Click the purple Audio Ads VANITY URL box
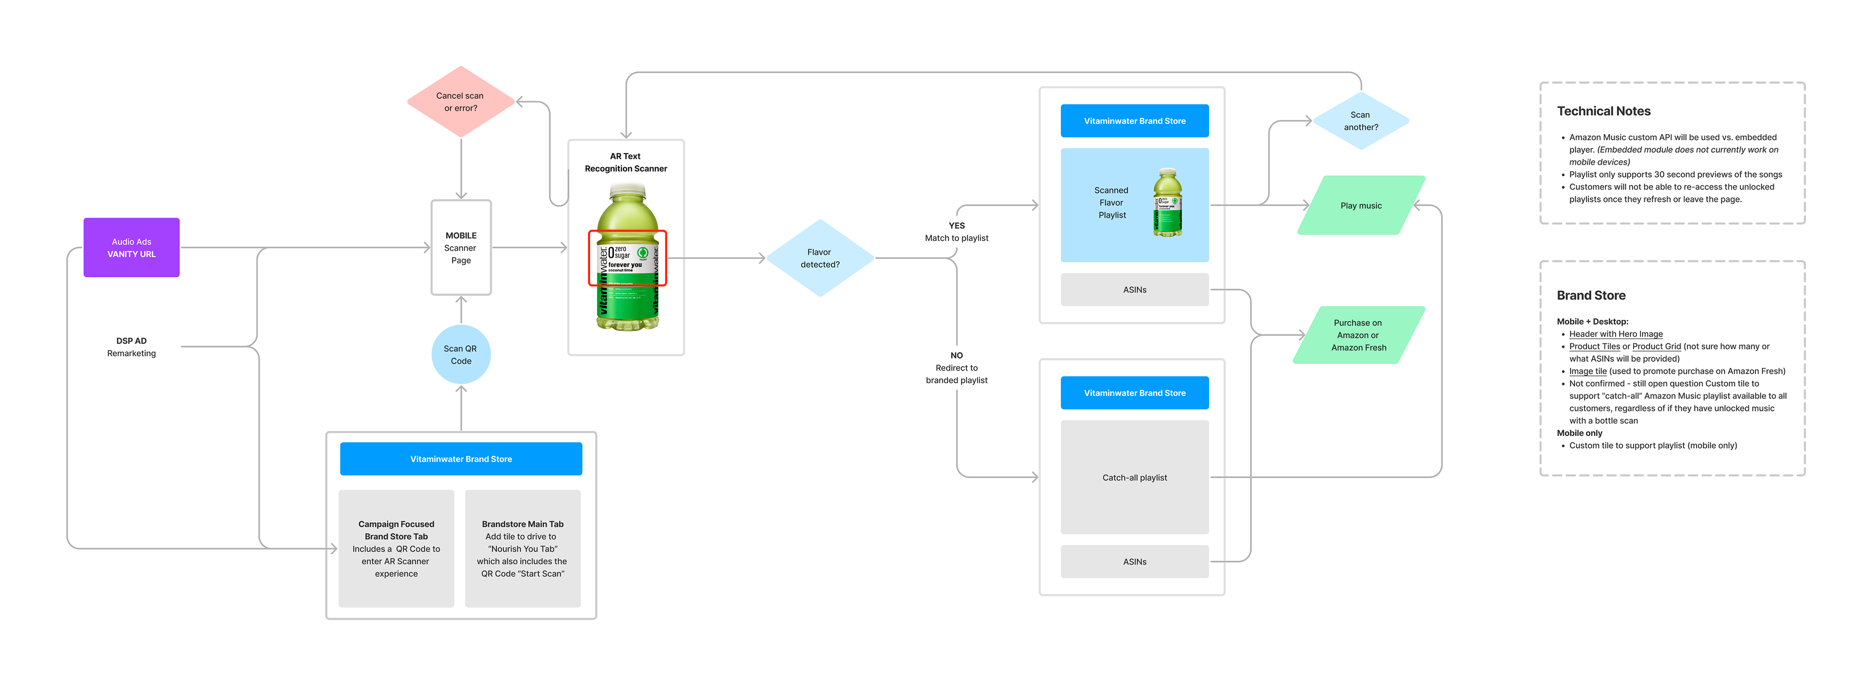pyautogui.click(x=132, y=248)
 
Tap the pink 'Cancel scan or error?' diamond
pyautogui.click(x=461, y=102)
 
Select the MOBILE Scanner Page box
pyautogui.click(x=461, y=248)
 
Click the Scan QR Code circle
pyautogui.click(x=461, y=354)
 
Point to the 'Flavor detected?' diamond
pyautogui.click(x=819, y=258)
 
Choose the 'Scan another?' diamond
pyautogui.click(x=1361, y=120)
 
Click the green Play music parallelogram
pyautogui.click(x=1361, y=206)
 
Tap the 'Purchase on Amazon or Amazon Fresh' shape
pyautogui.click(x=1358, y=335)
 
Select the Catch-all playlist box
pyautogui.click(x=1134, y=477)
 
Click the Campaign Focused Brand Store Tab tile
pyautogui.click(x=396, y=549)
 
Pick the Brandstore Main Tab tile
pyautogui.click(x=523, y=549)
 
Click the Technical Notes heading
pyautogui.click(x=1603, y=111)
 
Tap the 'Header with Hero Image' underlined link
pyautogui.click(x=1616, y=334)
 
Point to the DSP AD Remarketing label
pyautogui.click(x=132, y=347)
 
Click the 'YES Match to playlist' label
pyautogui.click(x=956, y=232)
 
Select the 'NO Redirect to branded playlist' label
pyautogui.click(x=956, y=368)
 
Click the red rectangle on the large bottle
pyautogui.click(x=627, y=258)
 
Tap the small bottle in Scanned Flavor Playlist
pyautogui.click(x=1167, y=203)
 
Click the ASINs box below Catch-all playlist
pyautogui.click(x=1134, y=562)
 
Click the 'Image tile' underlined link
pyautogui.click(x=1587, y=372)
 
